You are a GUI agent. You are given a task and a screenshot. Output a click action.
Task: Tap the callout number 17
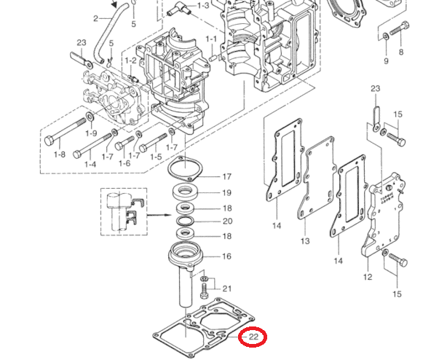point(226,177)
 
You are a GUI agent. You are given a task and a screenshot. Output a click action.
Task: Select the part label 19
point(226,193)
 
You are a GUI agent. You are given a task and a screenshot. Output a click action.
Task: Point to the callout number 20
point(226,221)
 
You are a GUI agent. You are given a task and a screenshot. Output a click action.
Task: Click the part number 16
point(226,257)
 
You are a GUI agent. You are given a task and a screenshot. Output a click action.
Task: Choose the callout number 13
point(305,241)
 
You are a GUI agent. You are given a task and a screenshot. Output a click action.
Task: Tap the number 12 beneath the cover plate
point(367,277)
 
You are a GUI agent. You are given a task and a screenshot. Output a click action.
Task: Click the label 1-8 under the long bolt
point(59,154)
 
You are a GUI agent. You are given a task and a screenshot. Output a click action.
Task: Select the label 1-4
point(90,165)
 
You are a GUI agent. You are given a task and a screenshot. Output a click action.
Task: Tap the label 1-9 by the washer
point(91,133)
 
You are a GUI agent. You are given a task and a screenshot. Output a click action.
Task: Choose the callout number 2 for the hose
point(95,17)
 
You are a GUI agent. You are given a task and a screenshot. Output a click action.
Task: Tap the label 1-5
point(154,157)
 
